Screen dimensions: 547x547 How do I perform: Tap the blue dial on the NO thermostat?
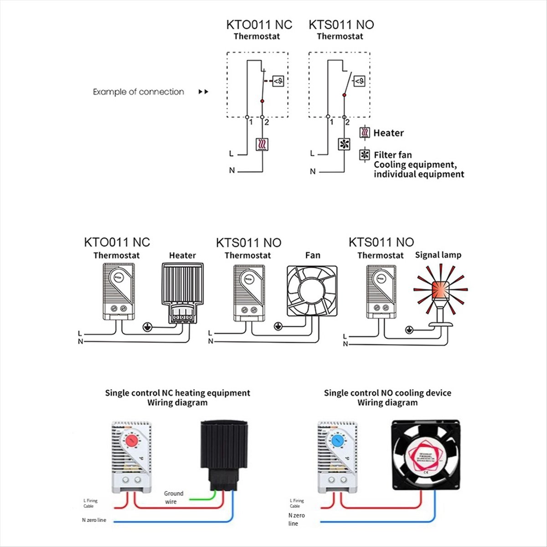pyautogui.click(x=338, y=440)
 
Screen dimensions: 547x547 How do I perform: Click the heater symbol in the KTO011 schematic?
pyautogui.click(x=263, y=144)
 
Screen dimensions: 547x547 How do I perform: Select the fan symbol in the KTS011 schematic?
pyautogui.click(x=344, y=144)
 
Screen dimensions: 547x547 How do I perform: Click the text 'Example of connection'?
pyautogui.click(x=139, y=92)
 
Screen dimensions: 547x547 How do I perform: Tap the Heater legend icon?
pyautogui.click(x=365, y=133)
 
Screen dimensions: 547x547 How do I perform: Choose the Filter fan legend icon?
pyautogui.click(x=365, y=155)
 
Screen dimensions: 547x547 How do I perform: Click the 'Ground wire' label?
pyautogui.click(x=173, y=497)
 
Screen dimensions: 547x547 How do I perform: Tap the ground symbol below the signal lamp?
pyautogui.click(x=409, y=329)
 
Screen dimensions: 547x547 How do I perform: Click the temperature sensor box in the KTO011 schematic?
pyautogui.click(x=279, y=81)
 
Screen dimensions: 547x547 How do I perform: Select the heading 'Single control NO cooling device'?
pyautogui.click(x=387, y=392)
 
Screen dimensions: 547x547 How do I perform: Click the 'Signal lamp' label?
pyautogui.click(x=438, y=255)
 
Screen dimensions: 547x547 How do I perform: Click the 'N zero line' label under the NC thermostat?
pyautogui.click(x=94, y=520)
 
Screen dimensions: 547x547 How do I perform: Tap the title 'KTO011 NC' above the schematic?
pyautogui.click(x=259, y=25)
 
